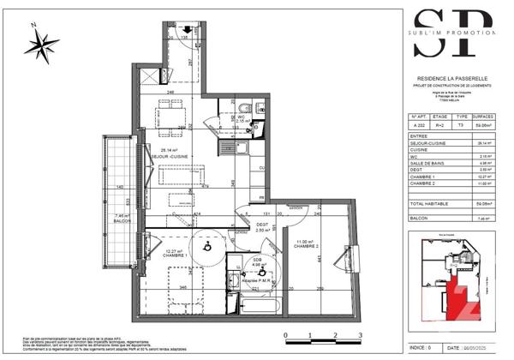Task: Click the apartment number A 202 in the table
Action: tap(420, 124)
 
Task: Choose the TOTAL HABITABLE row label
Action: tap(431, 204)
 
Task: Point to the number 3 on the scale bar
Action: tap(361, 335)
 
